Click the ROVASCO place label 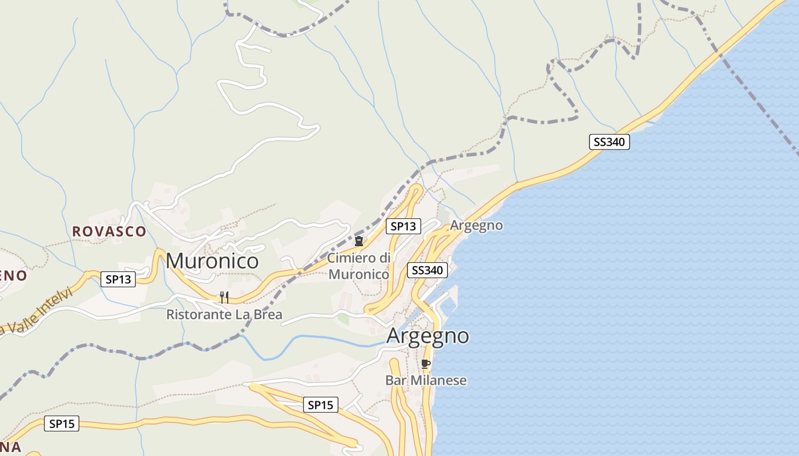click(x=109, y=231)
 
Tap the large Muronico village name click(x=212, y=261)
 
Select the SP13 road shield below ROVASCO click(x=119, y=279)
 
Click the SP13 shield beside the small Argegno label click(x=403, y=226)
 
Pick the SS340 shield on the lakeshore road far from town click(x=610, y=142)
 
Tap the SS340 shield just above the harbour click(x=427, y=270)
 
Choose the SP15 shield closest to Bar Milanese click(x=320, y=405)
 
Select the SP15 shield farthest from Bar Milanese click(x=62, y=424)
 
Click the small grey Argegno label click(x=477, y=225)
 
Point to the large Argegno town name click(x=427, y=336)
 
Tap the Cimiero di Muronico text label click(x=359, y=266)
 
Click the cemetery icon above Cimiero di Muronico click(x=359, y=241)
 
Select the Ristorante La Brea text click(x=224, y=315)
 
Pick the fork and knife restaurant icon click(x=224, y=297)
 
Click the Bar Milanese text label click(x=426, y=380)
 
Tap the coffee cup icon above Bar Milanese click(x=425, y=364)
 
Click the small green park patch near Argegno click(x=343, y=319)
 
